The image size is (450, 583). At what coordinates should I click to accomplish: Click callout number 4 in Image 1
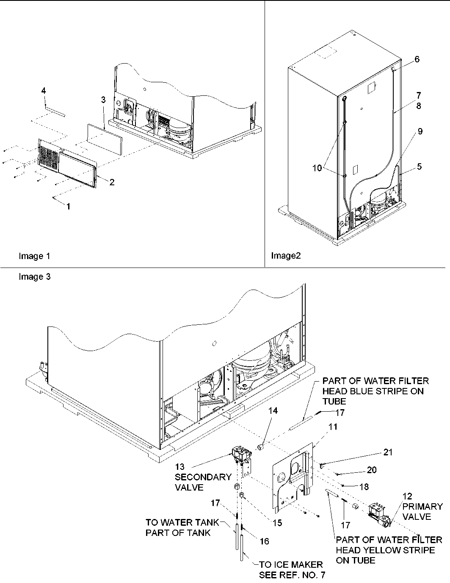44,91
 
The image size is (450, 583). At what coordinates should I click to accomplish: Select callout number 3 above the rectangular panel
103,100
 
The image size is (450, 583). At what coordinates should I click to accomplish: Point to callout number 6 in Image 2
417,59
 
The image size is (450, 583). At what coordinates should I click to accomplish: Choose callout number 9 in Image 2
420,131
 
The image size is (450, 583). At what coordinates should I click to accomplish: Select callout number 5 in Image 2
419,167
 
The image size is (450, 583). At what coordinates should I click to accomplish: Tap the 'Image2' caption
286,256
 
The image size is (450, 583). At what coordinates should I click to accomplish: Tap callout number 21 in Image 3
387,453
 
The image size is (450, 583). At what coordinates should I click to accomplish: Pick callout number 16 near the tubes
264,541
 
